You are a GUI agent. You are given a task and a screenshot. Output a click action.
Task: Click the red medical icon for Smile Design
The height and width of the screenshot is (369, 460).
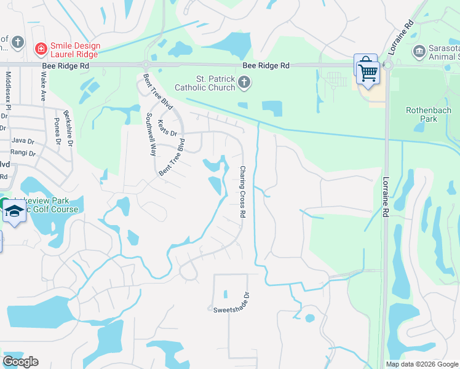point(41,47)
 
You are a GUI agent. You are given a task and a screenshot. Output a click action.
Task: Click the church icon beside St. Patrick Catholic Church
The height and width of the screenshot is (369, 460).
point(244,82)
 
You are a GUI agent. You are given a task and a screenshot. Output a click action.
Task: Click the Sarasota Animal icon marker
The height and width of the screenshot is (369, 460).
point(419,50)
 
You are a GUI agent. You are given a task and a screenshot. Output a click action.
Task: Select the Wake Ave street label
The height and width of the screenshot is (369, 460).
point(43,86)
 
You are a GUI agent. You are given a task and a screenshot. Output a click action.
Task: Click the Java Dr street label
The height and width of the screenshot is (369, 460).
point(22,141)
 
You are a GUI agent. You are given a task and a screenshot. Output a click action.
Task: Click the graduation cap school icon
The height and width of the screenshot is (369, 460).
point(13,212)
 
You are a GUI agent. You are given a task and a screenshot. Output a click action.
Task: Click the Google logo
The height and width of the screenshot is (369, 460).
point(20,362)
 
